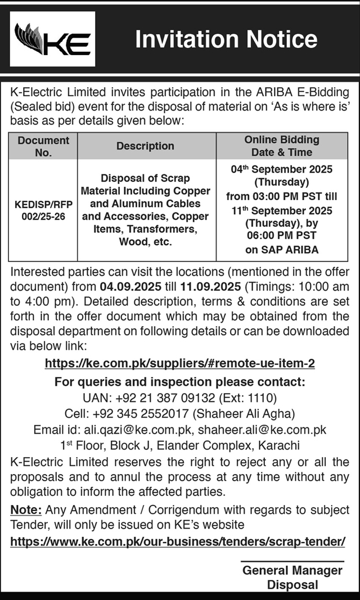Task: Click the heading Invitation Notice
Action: pos(227,39)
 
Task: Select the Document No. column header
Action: pos(43,146)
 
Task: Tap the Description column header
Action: pos(145,146)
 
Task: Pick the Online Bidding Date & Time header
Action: pos(282,146)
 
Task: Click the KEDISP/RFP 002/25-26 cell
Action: pos(43,210)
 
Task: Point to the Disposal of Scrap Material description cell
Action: pos(145,210)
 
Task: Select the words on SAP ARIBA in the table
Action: pos(282,249)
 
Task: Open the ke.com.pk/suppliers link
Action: pos(179,364)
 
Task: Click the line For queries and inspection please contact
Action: pos(179,382)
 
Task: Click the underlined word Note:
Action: pos(26,510)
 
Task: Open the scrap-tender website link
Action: pos(178,542)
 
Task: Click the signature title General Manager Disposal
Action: pos(292,578)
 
